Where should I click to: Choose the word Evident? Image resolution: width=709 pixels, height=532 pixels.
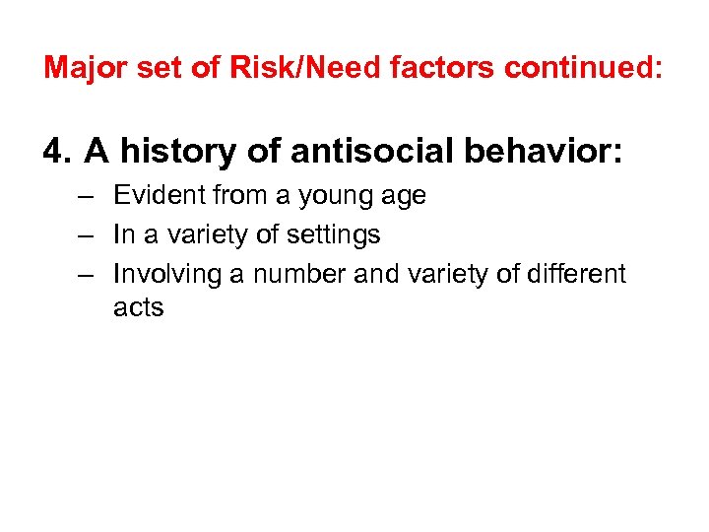[154, 196]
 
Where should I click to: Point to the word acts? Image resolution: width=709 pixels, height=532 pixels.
[138, 308]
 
